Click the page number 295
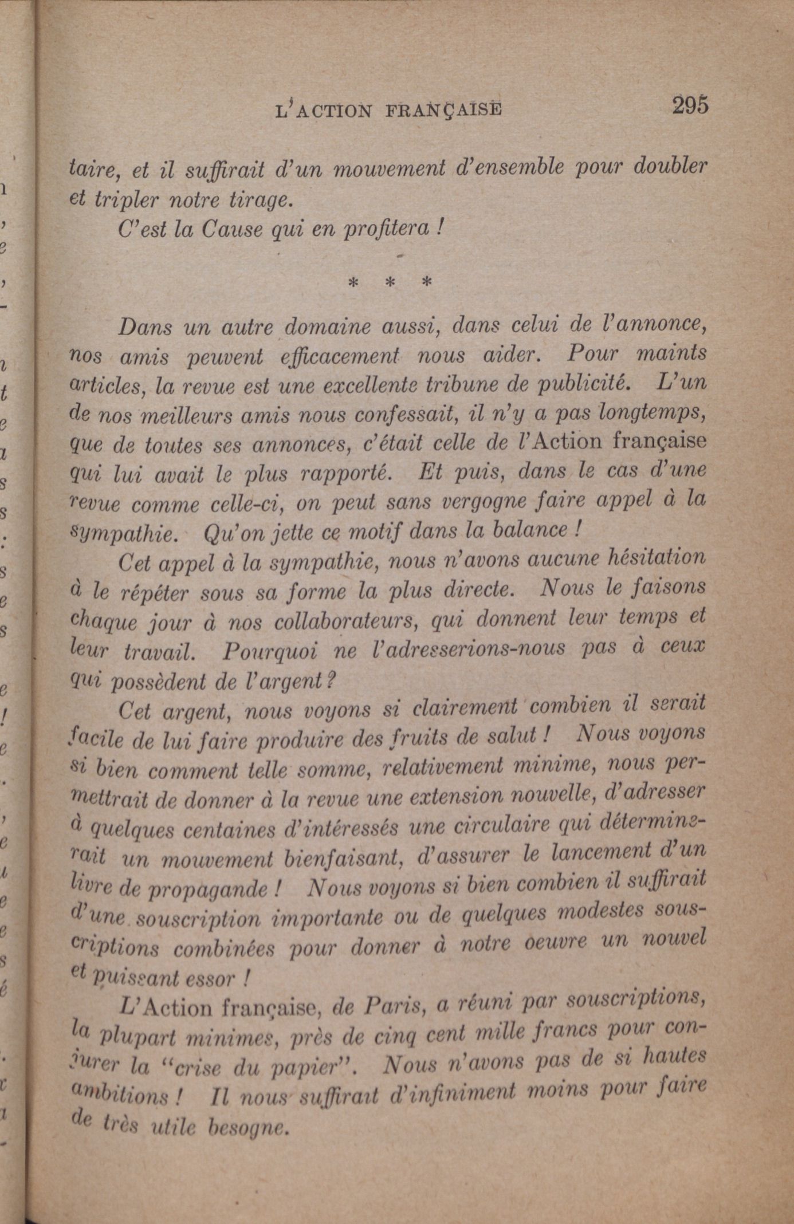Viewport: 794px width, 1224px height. coord(690,106)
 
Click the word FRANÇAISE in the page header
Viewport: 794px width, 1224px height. coord(444,109)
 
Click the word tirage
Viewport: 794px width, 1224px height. coord(261,200)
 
